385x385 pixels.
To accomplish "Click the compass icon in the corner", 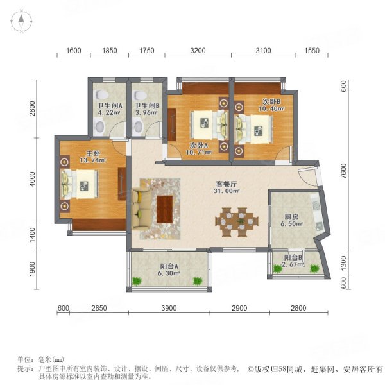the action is click(x=21, y=21).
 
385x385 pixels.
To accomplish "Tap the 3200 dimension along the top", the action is click(x=198, y=51).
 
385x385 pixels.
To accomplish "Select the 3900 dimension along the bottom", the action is click(x=169, y=308).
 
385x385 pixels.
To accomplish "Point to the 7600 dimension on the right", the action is click(x=344, y=171).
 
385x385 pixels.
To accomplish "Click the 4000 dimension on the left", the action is click(x=32, y=179).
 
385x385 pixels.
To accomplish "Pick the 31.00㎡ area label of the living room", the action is click(x=227, y=191).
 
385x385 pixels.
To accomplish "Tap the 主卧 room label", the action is click(x=93, y=153).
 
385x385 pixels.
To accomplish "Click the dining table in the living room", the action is click(x=237, y=222).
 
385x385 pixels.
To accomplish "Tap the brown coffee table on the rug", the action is click(x=165, y=209).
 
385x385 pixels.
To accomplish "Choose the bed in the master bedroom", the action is click(x=79, y=184).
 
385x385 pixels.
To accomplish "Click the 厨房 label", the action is click(x=291, y=217).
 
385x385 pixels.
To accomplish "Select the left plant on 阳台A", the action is click(x=137, y=280).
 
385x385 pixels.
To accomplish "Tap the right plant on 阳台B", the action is click(x=314, y=268).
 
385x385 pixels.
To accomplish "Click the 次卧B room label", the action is click(x=271, y=101).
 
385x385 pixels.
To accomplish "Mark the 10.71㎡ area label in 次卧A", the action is click(x=199, y=152).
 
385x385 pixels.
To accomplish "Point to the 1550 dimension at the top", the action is click(x=312, y=51).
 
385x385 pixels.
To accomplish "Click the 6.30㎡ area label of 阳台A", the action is click(x=169, y=273).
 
